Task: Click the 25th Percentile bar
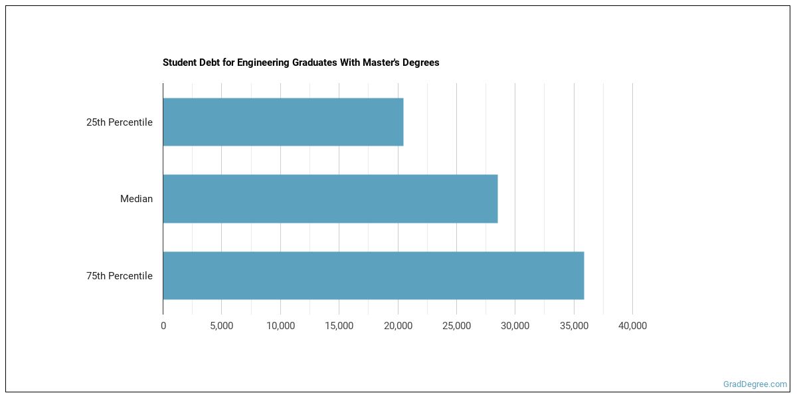tap(283, 122)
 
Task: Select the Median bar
tap(330, 199)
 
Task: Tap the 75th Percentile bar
tap(373, 275)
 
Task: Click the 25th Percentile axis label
tap(120, 122)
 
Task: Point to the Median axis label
tap(136, 199)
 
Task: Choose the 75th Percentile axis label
tap(120, 276)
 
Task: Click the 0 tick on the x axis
tap(163, 326)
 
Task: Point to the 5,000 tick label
tap(221, 326)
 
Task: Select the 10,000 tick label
tap(280, 326)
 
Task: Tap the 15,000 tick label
tap(339, 326)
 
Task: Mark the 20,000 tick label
tap(398, 326)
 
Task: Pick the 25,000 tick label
tap(456, 326)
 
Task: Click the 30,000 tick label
tap(515, 326)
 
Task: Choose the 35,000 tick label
tap(574, 326)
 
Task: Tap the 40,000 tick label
tap(632, 326)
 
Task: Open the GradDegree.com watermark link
tap(754, 384)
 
